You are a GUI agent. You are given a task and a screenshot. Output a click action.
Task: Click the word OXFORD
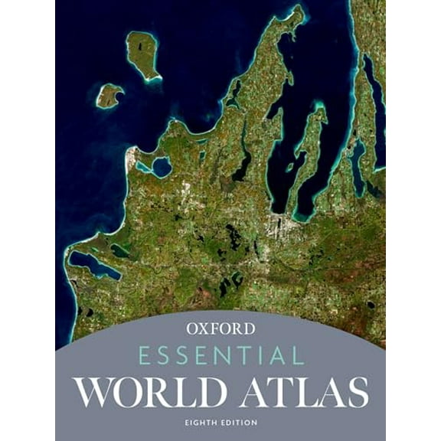click(220, 330)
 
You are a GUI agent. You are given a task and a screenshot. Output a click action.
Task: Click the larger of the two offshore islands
click(143, 54)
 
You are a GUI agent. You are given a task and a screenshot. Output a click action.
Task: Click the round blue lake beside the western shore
click(161, 166)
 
